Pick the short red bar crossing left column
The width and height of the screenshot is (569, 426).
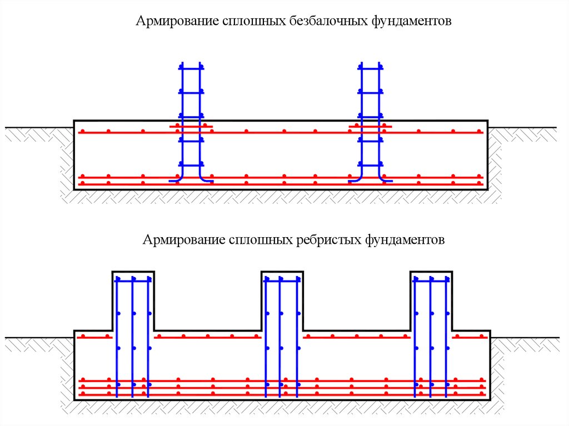point(191,127)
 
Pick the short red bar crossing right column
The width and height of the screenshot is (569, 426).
point(370,127)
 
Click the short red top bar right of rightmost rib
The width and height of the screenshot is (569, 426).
point(470,337)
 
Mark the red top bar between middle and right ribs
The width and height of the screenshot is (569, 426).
point(356,337)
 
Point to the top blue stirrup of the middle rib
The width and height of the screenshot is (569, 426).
point(282,281)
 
